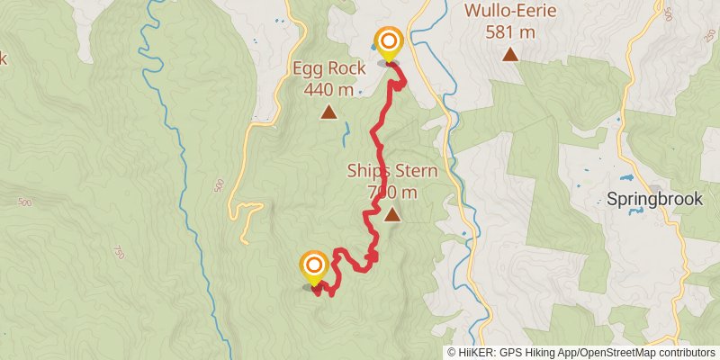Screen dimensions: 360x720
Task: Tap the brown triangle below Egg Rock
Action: click(x=328, y=112)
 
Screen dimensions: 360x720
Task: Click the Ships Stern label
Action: click(x=392, y=171)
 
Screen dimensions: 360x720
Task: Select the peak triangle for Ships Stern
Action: click(x=392, y=214)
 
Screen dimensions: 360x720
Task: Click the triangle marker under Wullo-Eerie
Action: click(x=510, y=55)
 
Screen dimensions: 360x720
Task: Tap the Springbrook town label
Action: click(x=654, y=200)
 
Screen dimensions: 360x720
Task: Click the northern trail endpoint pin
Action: click(x=389, y=42)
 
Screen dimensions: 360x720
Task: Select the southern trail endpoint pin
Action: click(x=314, y=265)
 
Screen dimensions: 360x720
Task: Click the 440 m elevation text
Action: click(x=328, y=89)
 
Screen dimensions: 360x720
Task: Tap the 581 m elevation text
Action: click(x=510, y=33)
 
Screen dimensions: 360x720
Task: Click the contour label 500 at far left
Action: click(x=23, y=202)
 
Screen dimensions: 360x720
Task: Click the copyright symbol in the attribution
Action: click(x=451, y=353)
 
